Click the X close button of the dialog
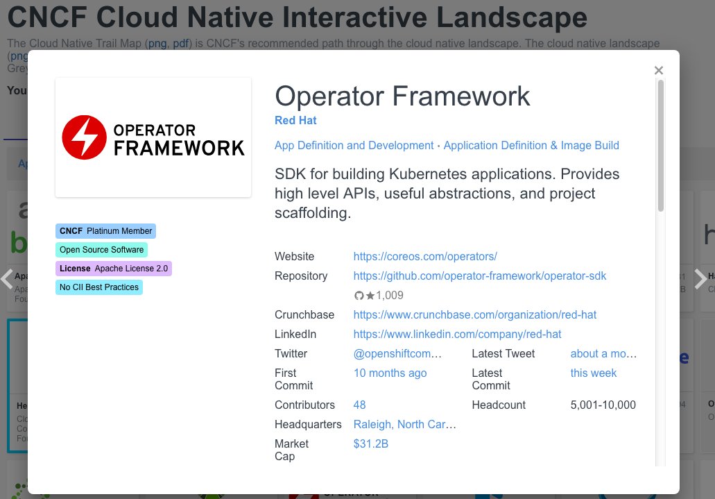659,70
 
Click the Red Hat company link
295,120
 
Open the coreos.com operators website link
425,256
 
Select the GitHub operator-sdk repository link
479,276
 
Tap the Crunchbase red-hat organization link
474,314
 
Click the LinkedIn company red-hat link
457,334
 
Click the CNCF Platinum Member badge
105,231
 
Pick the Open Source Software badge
101,250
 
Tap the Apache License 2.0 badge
114,269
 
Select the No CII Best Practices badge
99,287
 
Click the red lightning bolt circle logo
84,137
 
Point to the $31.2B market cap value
370,443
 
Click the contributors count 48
359,405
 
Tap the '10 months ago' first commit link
390,373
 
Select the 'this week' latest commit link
593,373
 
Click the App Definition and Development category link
354,145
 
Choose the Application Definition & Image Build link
531,145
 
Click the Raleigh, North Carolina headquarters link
405,424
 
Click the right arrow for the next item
700,278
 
